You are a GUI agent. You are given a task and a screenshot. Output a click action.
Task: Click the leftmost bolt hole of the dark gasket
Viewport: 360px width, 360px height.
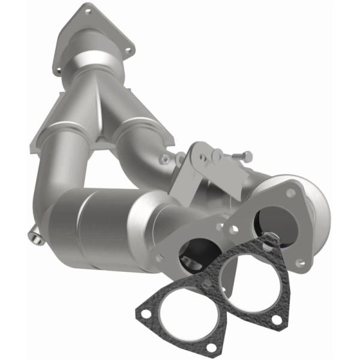coord(144,312)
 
